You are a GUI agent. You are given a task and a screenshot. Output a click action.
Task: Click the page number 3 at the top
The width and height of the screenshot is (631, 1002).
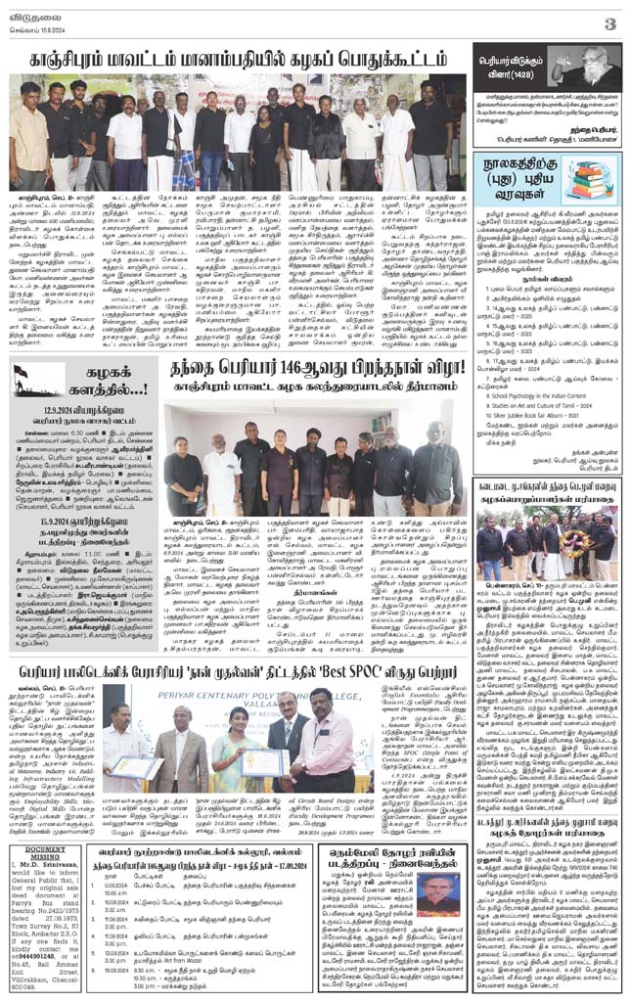(609, 23)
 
